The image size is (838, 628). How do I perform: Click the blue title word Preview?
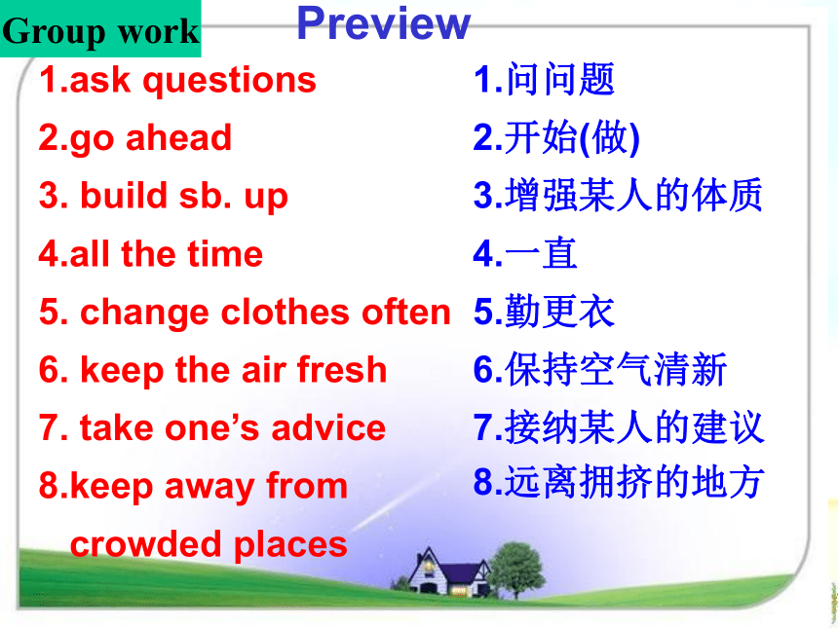383,23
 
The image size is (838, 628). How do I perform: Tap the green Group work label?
100,29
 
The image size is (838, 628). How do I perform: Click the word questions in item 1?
229,81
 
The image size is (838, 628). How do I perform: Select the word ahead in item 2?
178,138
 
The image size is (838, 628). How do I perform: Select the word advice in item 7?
328,427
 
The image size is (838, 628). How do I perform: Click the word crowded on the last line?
146,543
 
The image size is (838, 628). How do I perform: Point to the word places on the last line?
290,544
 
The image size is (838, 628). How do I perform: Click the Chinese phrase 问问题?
560,79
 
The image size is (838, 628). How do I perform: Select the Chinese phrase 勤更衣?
560,311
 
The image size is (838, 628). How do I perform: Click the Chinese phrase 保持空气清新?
616,369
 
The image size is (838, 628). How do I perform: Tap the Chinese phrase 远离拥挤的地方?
634,482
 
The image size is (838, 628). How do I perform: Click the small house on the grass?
448,573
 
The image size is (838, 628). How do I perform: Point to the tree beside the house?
515,570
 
